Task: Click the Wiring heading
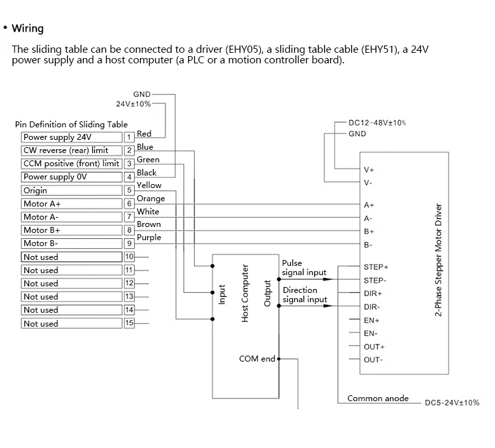tap(28, 28)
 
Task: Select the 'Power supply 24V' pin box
tap(71, 137)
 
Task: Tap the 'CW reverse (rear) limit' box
tap(71, 150)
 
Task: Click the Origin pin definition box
tap(71, 191)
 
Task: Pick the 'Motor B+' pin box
tap(71, 230)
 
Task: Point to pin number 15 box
tap(129, 323)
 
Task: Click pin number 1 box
tap(129, 137)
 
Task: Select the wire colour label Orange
tap(150, 199)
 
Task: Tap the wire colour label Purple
tap(148, 238)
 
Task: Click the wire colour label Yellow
tap(148, 185)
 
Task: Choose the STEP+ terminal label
tap(376, 267)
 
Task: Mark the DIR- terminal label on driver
tap(372, 307)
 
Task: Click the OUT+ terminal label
tap(374, 346)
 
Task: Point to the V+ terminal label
tap(369, 170)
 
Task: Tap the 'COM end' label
tap(257, 359)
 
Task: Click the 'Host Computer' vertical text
tap(245, 293)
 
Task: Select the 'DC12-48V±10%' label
tap(376, 123)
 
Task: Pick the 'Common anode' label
tap(378, 399)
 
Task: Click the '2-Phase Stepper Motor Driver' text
tap(438, 260)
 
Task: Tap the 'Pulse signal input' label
tap(304, 268)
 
